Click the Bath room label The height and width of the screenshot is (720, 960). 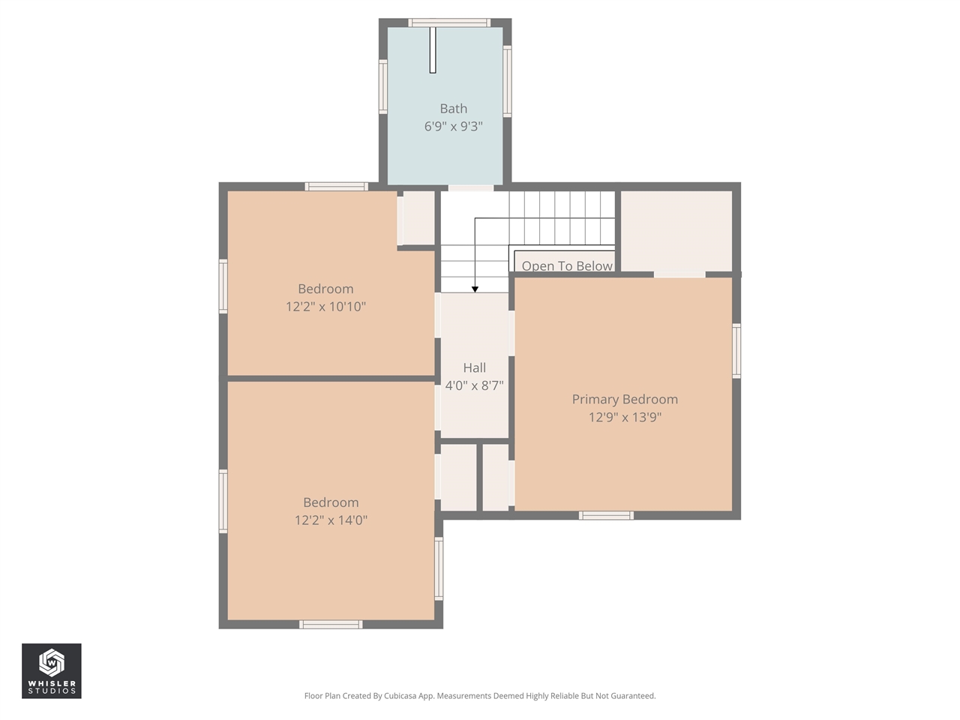point(453,109)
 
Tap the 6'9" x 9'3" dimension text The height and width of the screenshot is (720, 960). point(453,127)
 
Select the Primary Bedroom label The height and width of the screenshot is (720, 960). point(625,399)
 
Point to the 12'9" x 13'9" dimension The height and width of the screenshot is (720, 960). point(625,417)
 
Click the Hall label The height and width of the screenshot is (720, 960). point(474,367)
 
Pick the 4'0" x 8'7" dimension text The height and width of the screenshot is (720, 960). point(474,385)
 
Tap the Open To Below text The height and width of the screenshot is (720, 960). point(567,265)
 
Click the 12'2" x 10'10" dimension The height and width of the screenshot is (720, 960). point(325,307)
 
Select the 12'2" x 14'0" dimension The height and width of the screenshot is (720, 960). point(331,520)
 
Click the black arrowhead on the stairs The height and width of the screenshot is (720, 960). point(475,289)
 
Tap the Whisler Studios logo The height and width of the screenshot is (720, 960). point(52,670)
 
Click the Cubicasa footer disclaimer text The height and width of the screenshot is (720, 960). point(480,696)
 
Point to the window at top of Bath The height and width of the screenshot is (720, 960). point(449,22)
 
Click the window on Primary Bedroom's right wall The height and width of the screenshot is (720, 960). point(736,350)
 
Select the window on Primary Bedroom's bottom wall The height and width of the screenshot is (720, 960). point(606,515)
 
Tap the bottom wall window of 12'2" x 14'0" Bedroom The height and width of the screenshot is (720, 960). point(331,624)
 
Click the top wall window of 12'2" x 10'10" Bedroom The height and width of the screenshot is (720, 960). point(336,187)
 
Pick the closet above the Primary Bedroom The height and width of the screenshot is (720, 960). point(676,231)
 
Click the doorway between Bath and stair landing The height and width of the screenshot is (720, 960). point(471,187)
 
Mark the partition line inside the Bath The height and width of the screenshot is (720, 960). point(433,49)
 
